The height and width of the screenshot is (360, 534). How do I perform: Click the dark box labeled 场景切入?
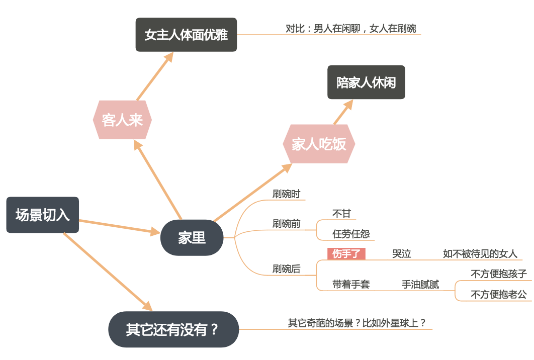43,215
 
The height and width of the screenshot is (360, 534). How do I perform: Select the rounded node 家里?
192,237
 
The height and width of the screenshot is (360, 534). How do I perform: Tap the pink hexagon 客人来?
122,120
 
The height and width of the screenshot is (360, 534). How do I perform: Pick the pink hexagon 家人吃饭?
319,144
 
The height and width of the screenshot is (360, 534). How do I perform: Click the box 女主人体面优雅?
186,35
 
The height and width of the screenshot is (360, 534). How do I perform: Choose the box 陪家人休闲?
366,82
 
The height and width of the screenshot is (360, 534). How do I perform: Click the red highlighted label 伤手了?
346,254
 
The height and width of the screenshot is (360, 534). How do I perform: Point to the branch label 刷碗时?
287,194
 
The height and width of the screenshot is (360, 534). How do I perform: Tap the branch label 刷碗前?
287,224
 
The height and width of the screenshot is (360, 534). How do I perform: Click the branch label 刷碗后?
287,269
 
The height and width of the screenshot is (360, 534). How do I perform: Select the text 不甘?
342,214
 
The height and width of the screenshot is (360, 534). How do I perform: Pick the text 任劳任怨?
351,234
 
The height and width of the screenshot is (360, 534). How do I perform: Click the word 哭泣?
402,254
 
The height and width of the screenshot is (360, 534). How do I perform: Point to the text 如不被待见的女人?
480,254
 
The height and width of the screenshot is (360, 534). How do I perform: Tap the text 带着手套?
351,285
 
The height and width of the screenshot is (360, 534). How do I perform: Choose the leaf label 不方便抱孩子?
498,274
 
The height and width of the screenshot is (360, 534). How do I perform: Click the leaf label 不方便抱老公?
498,295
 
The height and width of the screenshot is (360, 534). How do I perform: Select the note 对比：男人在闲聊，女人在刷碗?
351,29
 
